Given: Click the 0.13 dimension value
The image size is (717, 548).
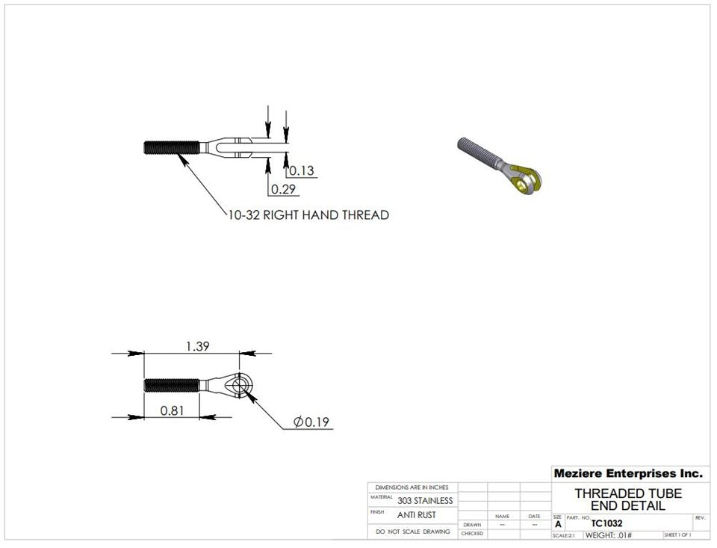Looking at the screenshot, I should pos(302,171).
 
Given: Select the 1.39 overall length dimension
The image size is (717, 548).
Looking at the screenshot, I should pos(196,345).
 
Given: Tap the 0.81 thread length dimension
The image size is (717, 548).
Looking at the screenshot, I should pos(173,410).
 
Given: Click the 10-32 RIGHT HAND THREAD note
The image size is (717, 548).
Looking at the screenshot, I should pos(308,215).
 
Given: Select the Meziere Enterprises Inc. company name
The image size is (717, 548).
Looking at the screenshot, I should pos(627,473).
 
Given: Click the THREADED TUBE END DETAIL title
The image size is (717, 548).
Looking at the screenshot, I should pos(627,499).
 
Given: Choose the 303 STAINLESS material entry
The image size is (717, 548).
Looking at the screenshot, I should pos(424,500).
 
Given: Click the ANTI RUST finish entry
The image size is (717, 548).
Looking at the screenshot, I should pos(416,515).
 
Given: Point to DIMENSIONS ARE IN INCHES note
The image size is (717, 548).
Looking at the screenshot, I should pos(412,487).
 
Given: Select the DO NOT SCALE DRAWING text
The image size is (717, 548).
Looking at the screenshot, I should pos(413,532).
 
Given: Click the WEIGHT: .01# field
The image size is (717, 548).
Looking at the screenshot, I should pos(608,535).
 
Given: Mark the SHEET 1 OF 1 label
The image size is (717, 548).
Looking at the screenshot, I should pos(677,535).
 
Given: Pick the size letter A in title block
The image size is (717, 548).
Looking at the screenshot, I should pos(558,525).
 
